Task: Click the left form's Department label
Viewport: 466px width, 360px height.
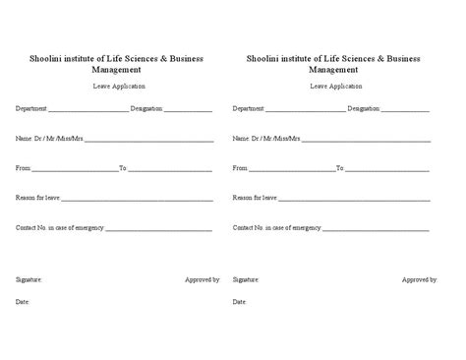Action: pyautogui.click(x=30, y=108)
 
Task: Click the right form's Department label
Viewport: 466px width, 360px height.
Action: pyautogui.click(x=248, y=108)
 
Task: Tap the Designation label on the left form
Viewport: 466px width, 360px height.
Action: pyautogui.click(x=146, y=108)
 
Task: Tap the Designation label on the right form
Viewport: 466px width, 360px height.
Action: pyautogui.click(x=364, y=108)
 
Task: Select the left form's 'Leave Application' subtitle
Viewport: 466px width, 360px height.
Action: pyautogui.click(x=116, y=87)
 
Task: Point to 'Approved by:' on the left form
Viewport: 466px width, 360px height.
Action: pyautogui.click(x=202, y=279)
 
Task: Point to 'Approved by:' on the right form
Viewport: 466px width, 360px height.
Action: pyautogui.click(x=420, y=279)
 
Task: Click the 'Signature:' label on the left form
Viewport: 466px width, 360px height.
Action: pyautogui.click(x=29, y=279)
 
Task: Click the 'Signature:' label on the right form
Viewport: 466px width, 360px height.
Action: pyautogui.click(x=246, y=279)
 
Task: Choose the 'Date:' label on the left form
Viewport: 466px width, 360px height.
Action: pyautogui.click(x=23, y=301)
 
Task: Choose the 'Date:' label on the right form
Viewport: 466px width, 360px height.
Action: pyautogui.click(x=240, y=301)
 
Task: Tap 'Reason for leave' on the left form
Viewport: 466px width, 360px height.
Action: pyautogui.click(x=37, y=198)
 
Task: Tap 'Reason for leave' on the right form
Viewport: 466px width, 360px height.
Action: pyautogui.click(x=255, y=198)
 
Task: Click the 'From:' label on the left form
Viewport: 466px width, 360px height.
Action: pyautogui.click(x=24, y=168)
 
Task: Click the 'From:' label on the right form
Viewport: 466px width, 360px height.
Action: pyautogui.click(x=240, y=168)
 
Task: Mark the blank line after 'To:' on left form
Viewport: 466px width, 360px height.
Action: pyautogui.click(x=169, y=170)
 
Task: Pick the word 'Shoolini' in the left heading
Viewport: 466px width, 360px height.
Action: pyautogui.click(x=46, y=59)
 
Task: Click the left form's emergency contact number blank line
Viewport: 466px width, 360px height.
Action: pyautogui.click(x=158, y=229)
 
